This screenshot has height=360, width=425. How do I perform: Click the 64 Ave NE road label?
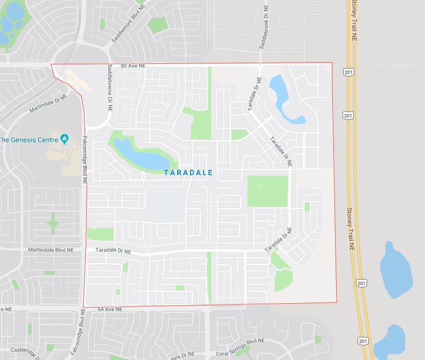click(x=110, y=310)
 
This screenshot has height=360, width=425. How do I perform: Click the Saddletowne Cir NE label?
click(x=110, y=87)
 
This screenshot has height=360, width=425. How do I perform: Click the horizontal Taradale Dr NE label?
click(x=113, y=250)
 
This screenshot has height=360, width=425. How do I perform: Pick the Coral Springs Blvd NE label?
click(x=240, y=341)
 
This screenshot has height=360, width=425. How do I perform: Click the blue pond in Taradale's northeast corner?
click(x=280, y=94)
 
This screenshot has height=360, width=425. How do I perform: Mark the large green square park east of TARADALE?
click(x=267, y=191)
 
